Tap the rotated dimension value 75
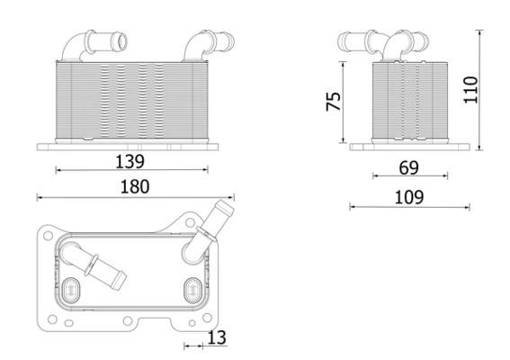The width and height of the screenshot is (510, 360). tap(333, 101)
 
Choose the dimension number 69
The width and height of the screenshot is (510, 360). tap(408, 166)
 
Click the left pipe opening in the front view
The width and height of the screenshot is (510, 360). tap(121, 40)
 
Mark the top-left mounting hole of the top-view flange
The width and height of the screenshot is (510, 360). tap(46, 233)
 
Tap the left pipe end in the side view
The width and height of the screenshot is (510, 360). tap(342, 40)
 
